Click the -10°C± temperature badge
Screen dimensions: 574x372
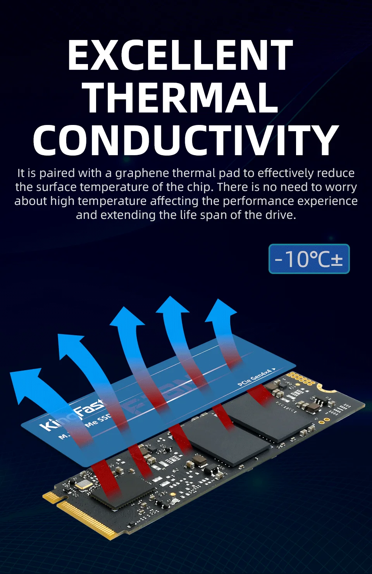point(309,259)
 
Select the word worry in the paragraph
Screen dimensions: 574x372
point(341,187)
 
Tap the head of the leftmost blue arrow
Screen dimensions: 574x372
point(25,384)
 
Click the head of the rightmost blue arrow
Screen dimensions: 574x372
point(220,310)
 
